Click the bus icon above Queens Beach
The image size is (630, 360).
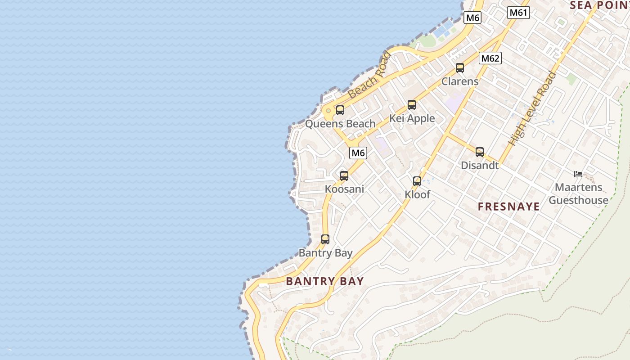340,110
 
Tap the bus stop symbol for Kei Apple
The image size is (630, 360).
412,105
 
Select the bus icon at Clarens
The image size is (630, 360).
460,68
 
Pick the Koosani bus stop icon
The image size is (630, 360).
344,176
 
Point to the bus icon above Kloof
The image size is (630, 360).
417,181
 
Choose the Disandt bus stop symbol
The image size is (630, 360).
480,152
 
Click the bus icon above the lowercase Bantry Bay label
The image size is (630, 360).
325,239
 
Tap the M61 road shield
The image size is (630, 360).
518,13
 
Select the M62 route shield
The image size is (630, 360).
490,58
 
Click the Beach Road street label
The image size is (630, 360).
370,76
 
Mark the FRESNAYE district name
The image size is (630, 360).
508,207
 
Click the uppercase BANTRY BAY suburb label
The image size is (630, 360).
324,281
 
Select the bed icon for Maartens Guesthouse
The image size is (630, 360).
578,174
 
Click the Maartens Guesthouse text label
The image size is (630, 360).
578,193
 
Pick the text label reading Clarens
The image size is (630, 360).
460,81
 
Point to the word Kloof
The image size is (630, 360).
417,195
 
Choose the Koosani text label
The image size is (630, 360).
344,189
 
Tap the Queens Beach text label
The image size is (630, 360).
340,124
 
